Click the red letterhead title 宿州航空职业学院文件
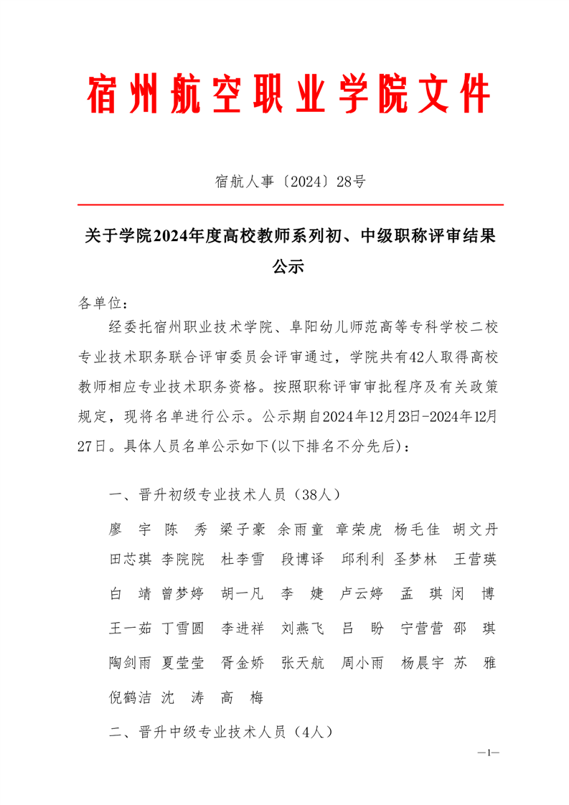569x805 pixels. pos(288,94)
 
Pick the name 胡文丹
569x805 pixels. pos(474,530)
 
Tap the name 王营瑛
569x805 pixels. pos(474,560)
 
